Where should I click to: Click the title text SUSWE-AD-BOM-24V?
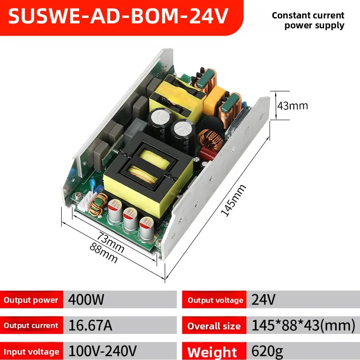118,16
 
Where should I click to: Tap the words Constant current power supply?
308,20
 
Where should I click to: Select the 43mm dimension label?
292,106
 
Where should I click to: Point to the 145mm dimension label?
233,200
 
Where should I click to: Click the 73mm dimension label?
111,242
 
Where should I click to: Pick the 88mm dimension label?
104,252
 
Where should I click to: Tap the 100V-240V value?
103,351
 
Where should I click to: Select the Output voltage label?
216,300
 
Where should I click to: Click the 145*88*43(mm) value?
303,325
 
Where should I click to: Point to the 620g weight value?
267,351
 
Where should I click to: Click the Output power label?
31,300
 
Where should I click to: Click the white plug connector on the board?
85,201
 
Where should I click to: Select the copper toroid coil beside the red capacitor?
210,140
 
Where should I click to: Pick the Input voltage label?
31,352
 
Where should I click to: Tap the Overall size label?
214,326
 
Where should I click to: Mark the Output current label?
31,325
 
